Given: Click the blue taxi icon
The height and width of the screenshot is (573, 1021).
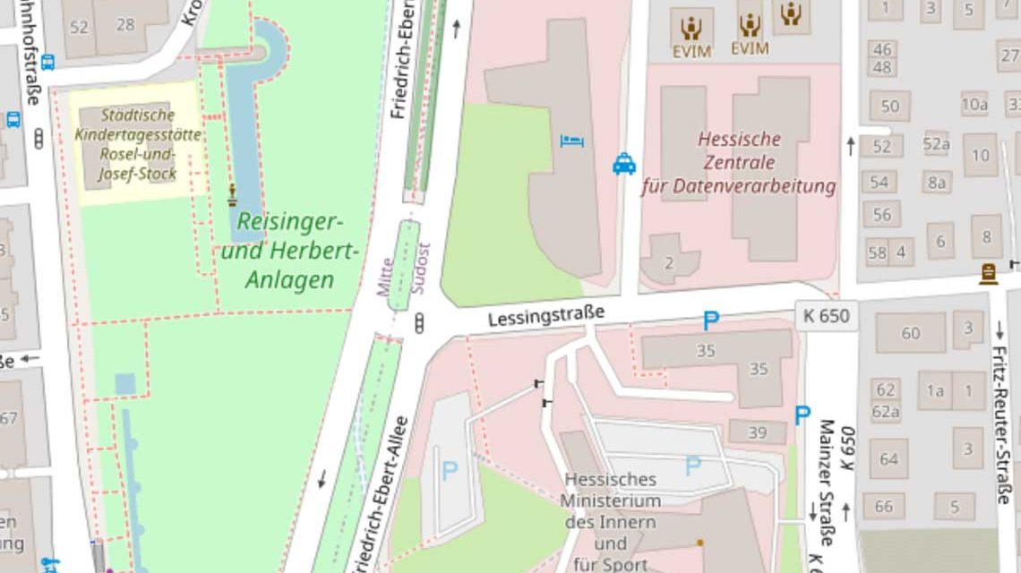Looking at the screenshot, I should [x=624, y=164].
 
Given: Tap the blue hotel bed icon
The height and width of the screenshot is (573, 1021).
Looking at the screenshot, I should [x=571, y=141].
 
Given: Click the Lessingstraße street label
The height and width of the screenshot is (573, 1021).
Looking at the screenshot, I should [x=546, y=314].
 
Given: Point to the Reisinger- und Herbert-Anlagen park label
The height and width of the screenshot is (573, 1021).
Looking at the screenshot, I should [x=290, y=251].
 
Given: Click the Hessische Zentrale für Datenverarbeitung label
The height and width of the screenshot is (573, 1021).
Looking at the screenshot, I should [x=739, y=163].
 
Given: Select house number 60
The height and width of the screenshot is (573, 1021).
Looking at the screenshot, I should [x=910, y=334].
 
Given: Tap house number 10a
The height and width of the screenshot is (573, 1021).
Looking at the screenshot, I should [x=974, y=104].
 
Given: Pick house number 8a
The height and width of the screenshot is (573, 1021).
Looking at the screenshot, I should [x=937, y=183].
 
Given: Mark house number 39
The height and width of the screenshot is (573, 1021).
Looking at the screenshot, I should [x=758, y=433].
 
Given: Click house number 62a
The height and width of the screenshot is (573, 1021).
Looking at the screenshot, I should [x=886, y=412].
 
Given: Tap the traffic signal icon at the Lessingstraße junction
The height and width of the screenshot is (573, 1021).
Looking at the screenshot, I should [x=419, y=324].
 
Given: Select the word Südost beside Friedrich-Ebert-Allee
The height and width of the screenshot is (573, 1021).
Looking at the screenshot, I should [x=419, y=269].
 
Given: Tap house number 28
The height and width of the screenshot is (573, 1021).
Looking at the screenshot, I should [x=125, y=24].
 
